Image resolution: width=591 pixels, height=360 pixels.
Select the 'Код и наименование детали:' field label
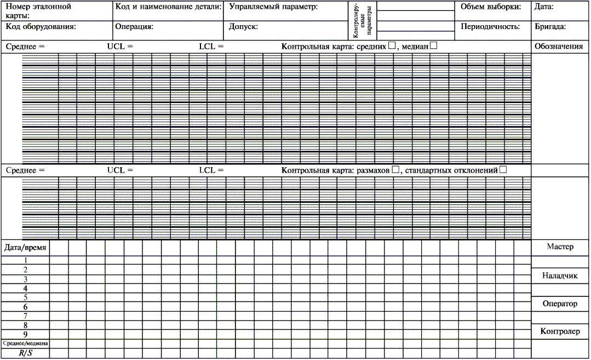coord(169,8)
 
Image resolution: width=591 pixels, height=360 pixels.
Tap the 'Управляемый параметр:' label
coord(273,8)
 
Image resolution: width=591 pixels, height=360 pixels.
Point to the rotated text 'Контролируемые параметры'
coord(362,20)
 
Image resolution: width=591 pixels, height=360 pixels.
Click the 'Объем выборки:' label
coord(490,8)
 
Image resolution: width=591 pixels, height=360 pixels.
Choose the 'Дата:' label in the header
coord(544,8)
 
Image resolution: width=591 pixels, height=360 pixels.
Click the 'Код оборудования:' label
coord(41,26)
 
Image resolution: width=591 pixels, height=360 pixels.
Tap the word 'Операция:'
coord(134,26)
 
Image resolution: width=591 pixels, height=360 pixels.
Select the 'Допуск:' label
coord(244,26)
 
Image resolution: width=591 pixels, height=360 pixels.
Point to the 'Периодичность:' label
coord(490,26)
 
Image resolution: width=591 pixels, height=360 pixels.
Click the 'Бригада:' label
coord(550,26)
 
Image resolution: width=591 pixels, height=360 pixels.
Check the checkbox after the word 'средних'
coord(392,46)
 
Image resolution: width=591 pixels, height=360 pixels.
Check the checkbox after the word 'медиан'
coord(433,46)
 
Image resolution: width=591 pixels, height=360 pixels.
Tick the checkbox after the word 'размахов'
coord(395,170)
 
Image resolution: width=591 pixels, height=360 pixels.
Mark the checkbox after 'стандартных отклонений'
coord(503,170)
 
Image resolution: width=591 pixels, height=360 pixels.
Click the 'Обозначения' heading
coord(558,47)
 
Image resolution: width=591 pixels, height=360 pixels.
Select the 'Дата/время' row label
coord(26,248)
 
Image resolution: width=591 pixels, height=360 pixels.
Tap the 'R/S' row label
coord(25,353)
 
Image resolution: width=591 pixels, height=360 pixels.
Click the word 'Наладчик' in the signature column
coord(560,276)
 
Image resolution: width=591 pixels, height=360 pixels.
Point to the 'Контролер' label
coord(560,332)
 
